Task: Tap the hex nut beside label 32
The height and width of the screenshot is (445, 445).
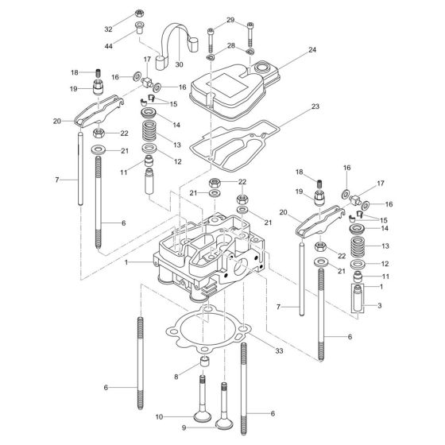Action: pos(140,13)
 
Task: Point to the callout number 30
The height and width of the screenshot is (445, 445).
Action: pos(180,65)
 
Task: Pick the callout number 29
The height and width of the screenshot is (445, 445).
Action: pos(230,19)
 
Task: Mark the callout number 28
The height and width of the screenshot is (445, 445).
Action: pos(230,46)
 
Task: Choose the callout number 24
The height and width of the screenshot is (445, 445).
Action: pos(311,48)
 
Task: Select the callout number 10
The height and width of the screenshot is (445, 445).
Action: pos(158,416)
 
